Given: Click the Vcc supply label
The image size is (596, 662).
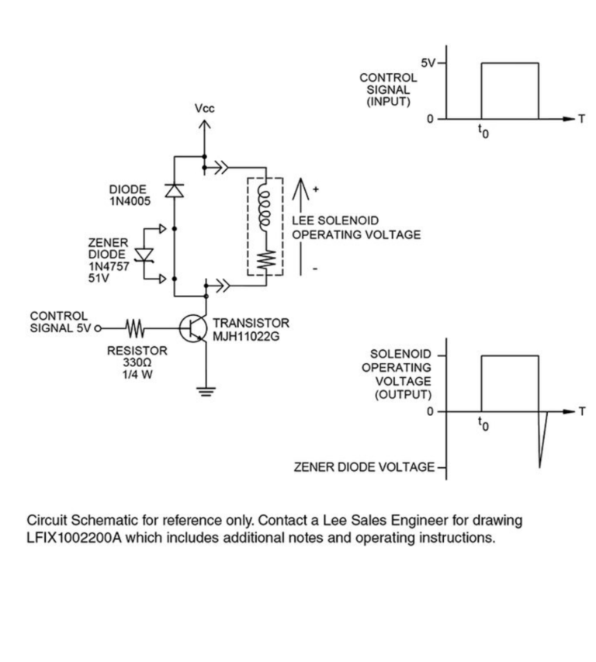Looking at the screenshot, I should (x=205, y=110).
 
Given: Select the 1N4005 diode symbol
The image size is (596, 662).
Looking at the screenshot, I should (x=175, y=189).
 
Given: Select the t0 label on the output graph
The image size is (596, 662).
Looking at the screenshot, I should (x=483, y=425).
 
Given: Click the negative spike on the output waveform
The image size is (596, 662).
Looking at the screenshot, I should (x=541, y=446).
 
